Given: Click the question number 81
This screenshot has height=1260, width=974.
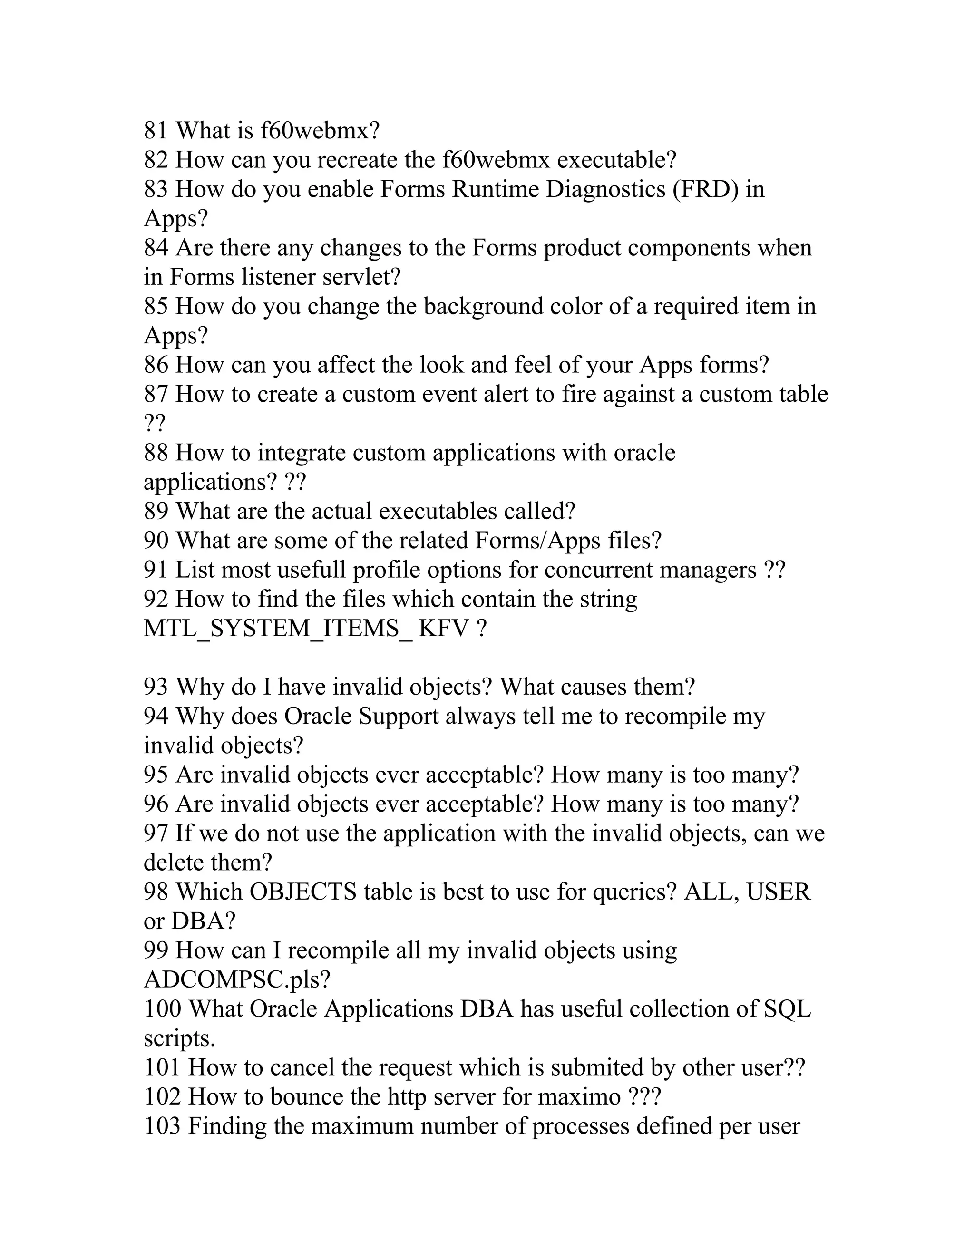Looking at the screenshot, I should [155, 131].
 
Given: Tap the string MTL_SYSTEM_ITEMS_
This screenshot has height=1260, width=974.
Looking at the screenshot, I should [278, 628].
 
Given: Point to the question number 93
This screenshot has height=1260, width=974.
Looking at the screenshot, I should [155, 687].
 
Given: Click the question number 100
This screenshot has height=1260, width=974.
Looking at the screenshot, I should [162, 1009].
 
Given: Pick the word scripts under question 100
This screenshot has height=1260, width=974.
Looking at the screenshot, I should [179, 1038].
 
